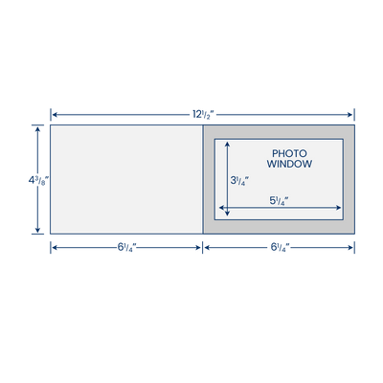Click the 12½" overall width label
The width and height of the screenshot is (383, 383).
coord(203,115)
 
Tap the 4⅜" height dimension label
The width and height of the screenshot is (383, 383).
coord(38,181)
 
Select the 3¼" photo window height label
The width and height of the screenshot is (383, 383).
coord(239,181)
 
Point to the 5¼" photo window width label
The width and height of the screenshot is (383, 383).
coord(280,201)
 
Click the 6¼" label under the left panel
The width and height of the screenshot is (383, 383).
coord(127,247)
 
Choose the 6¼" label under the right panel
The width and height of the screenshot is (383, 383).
coord(281,247)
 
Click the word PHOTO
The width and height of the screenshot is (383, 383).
coord(289,153)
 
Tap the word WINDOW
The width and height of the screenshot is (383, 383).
coord(289,164)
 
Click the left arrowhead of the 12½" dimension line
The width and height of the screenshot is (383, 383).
coord(55,115)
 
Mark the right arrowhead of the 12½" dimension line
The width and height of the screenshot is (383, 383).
coord(349,115)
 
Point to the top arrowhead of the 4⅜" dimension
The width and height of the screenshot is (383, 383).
coord(38,129)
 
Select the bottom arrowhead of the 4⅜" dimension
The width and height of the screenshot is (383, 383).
coord(38,230)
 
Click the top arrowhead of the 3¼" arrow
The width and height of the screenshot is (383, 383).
coord(227,145)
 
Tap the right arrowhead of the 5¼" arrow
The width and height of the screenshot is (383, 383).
coord(339,208)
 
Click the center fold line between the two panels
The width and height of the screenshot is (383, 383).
coord(203,179)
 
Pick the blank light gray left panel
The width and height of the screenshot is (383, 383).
coord(126,179)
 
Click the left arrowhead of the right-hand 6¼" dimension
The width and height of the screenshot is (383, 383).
coord(207,247)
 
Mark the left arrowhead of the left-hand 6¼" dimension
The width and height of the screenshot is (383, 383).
coord(55,247)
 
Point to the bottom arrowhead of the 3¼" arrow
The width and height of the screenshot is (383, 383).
coord(227,213)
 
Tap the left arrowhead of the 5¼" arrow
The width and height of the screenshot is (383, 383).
coord(221,208)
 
